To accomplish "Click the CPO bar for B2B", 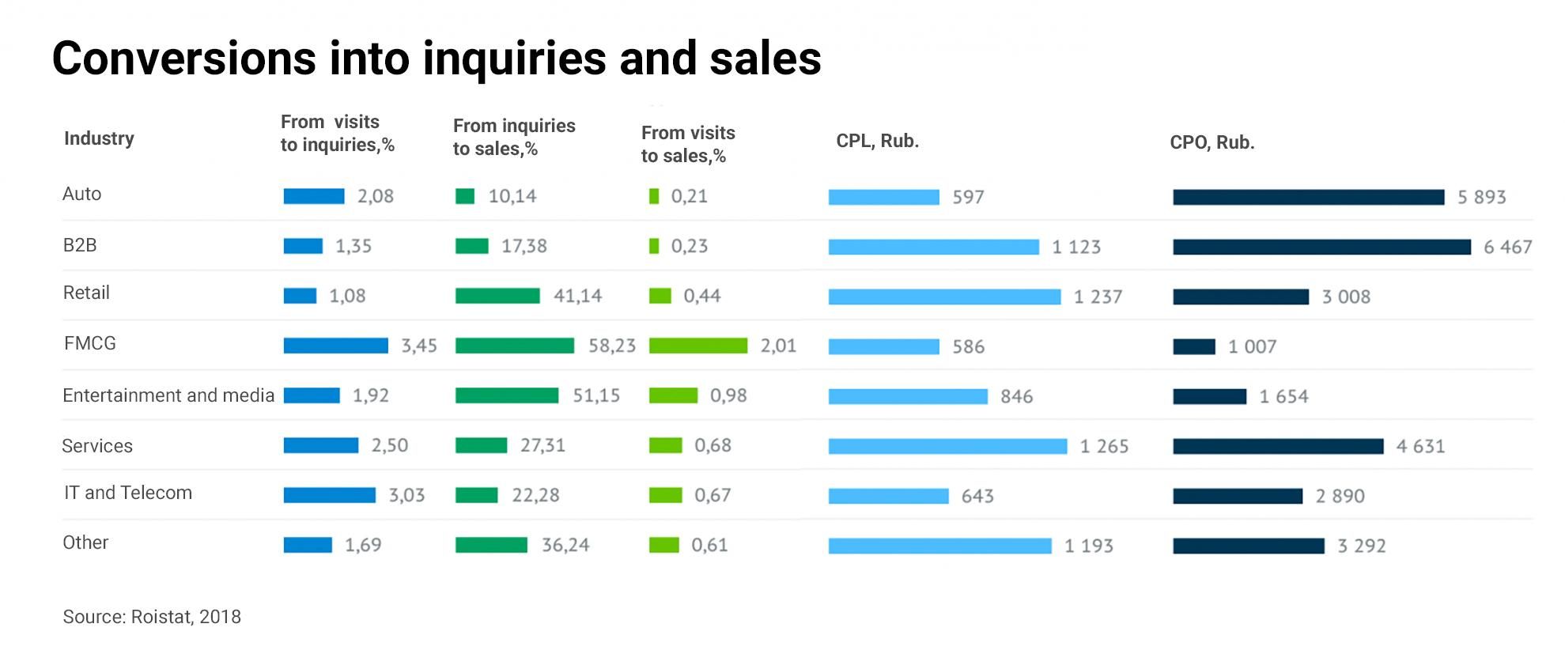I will coord(1321,247).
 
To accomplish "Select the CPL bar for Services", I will coord(947,446).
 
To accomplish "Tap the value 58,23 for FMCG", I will coord(611,346).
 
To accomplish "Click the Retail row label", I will coord(86,293).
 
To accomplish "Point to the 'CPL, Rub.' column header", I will coord(877,141).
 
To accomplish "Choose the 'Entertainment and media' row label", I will coord(168,395).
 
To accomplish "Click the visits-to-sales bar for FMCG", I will coord(697,346).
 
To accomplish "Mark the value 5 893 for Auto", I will coord(1481,197).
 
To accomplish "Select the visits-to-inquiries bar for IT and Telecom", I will coord(329,495).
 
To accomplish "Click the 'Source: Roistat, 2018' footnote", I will coord(152,617).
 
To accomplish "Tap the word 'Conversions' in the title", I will coord(184,59).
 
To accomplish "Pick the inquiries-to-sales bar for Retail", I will coord(497,296).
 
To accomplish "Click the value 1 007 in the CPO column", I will coord(1252,346).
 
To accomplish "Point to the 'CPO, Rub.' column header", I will coord(1212,142).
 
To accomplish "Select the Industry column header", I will coord(99,138).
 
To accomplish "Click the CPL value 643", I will coord(977,496).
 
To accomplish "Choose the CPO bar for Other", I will coord(1248,546).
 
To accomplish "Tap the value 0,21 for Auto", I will coord(689,196).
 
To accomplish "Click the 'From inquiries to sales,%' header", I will coord(514,137).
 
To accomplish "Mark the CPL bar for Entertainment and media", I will coord(908,396).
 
